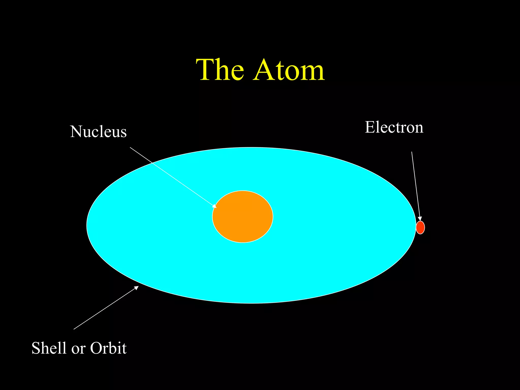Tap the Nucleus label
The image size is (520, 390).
point(98,132)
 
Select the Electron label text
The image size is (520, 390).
point(394,127)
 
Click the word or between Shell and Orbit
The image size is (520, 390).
point(78,349)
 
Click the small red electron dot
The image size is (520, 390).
point(420,227)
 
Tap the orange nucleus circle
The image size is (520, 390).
point(243,217)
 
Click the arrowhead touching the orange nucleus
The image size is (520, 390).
point(215,206)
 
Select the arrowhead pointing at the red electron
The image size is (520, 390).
point(420,219)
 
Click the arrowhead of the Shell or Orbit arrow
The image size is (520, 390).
point(137,287)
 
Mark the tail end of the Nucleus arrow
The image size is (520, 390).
point(130,147)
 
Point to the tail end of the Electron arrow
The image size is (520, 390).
point(412,152)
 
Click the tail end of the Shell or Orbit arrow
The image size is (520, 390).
point(74,329)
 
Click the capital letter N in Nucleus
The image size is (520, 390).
point(76,132)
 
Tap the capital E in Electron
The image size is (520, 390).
point(370,127)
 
